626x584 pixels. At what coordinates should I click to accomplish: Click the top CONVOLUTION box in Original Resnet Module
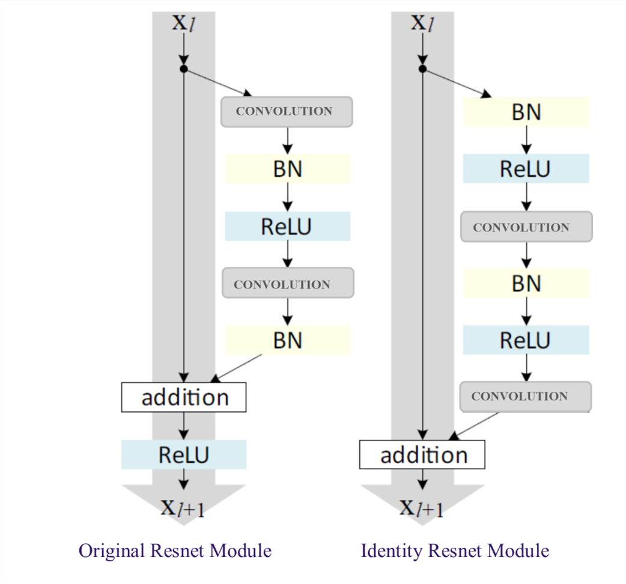287,112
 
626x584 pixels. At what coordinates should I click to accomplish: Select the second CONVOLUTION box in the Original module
288,285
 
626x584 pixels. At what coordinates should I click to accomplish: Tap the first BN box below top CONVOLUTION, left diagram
288,169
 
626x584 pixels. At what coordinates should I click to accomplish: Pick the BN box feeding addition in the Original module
288,341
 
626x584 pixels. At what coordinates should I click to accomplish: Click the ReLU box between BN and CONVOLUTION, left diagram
287,227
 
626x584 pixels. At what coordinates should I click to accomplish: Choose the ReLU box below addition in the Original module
184,455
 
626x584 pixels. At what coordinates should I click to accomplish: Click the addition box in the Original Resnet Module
184,398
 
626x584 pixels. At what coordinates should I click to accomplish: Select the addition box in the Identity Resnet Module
422,455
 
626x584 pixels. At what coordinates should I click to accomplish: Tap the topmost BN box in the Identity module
526,112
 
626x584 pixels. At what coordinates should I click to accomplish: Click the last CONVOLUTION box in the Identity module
526,397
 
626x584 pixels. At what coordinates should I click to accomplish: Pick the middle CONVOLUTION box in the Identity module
526,227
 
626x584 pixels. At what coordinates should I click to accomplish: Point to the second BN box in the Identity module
526,284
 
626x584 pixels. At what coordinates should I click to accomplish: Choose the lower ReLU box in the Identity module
526,341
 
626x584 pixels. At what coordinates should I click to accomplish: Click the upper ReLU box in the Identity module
526,169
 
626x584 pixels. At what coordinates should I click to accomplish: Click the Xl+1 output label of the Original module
183,509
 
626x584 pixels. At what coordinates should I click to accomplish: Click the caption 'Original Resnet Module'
175,550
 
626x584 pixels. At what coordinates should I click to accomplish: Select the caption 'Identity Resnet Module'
455,550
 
